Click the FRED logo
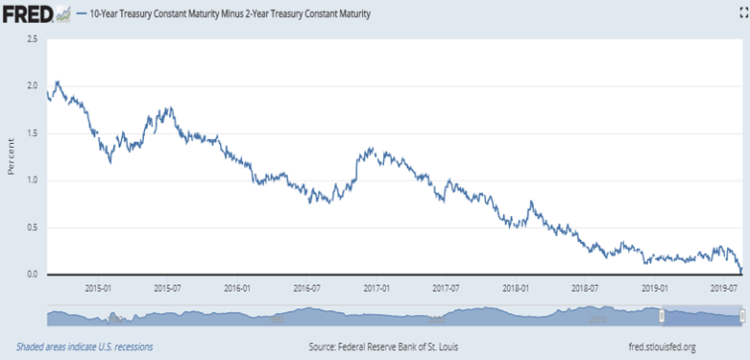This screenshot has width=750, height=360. tap(36, 14)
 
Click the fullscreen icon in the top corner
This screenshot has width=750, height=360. tap(743, 14)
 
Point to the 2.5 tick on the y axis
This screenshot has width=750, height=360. tap(32, 38)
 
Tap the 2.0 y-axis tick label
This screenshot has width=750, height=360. tap(32, 85)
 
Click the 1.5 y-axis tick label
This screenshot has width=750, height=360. tap(32, 132)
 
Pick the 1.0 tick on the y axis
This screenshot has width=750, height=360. tap(32, 180)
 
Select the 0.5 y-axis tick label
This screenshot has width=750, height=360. tap(32, 228)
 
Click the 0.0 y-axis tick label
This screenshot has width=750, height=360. tap(32, 275)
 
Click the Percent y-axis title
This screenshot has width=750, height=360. tap(11, 156)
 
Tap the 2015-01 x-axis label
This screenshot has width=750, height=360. tap(98, 289)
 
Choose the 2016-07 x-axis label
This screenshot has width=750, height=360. tap(306, 289)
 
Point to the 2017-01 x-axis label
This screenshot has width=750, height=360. tap(376, 289)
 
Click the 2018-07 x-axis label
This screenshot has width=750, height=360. tap(585, 289)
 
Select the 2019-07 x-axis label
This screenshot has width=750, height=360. tap(724, 289)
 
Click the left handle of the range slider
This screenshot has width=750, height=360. tap(662, 316)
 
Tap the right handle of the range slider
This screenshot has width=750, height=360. tap(742, 316)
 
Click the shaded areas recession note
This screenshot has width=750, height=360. tap(85, 347)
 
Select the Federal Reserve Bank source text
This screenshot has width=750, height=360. tap(383, 347)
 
